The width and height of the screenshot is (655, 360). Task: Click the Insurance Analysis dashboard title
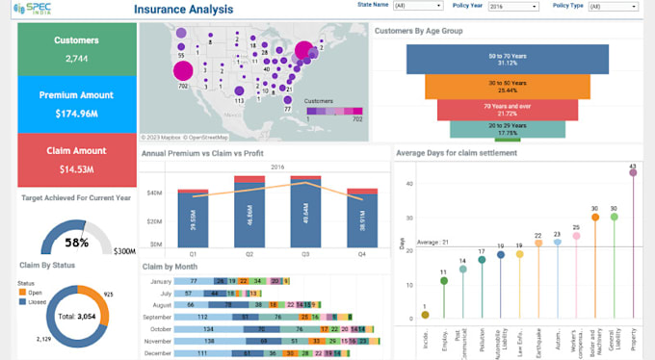click(183, 10)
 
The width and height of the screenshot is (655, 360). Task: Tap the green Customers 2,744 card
click(76, 49)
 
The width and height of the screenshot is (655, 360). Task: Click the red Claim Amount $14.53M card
click(76, 160)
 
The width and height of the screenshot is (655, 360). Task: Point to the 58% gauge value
click(77, 243)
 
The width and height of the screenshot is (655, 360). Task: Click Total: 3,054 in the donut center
click(76, 316)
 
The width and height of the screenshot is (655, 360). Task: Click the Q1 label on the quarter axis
click(193, 255)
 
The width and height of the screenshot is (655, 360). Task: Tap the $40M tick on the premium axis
click(154, 193)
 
